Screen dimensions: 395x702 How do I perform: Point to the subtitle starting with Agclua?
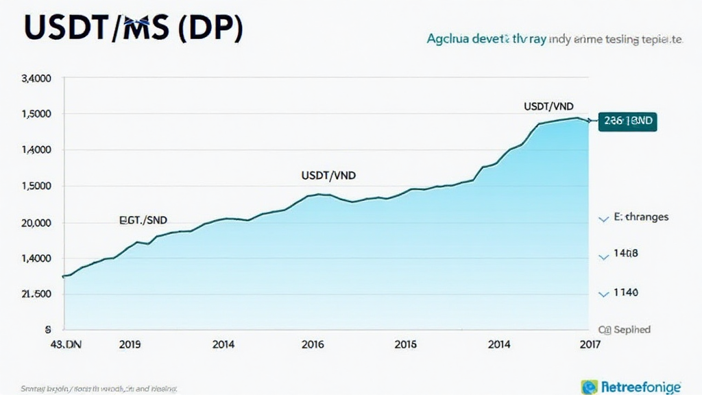click(x=553, y=40)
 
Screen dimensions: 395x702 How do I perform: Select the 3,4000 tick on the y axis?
click(x=37, y=78)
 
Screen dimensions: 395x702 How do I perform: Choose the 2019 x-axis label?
click(x=130, y=345)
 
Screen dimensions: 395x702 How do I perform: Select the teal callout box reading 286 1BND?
click(x=627, y=121)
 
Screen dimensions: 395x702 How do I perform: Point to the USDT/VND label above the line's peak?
click(x=548, y=106)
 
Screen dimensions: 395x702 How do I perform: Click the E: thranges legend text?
click(x=640, y=217)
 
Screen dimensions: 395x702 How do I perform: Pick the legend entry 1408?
click(x=625, y=254)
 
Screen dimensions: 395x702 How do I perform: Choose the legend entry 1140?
click(x=625, y=293)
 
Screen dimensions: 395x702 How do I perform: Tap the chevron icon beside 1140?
click(x=604, y=294)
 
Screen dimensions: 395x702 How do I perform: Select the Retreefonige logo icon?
click(x=588, y=386)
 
